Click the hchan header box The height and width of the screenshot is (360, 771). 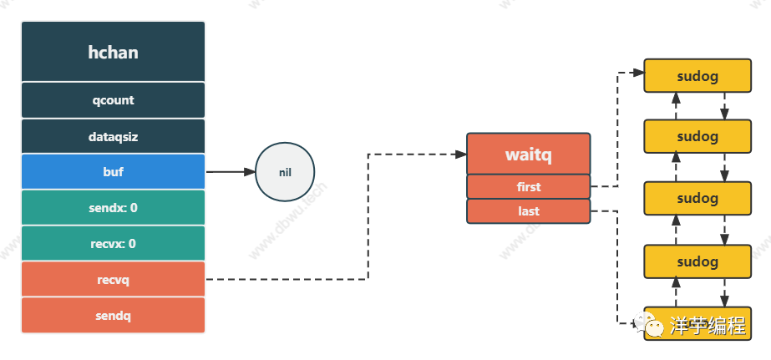pos(113,52)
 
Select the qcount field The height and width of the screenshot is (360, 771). pos(113,100)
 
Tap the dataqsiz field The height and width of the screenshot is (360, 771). pos(113,136)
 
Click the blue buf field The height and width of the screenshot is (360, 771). pos(113,172)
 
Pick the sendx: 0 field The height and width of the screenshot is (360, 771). pos(113,208)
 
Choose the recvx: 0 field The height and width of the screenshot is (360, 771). pos(113,244)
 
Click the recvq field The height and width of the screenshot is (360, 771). pos(113,280)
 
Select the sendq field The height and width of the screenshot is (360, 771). pos(113,316)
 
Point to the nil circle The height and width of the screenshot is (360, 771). pos(285,172)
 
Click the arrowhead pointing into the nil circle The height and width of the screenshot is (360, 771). pos(249,172)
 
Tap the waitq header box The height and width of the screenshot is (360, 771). pos(528,155)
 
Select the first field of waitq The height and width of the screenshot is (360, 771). pos(528,187)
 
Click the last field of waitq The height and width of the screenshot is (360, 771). pos(528,211)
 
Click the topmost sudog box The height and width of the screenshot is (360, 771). pos(697,75)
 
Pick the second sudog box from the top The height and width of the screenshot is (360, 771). pos(697,136)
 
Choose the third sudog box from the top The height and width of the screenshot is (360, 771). pos(697,199)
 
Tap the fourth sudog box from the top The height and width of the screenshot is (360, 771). pos(697,261)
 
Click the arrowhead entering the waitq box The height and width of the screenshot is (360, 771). pos(461,154)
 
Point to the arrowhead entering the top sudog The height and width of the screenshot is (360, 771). pos(639,74)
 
